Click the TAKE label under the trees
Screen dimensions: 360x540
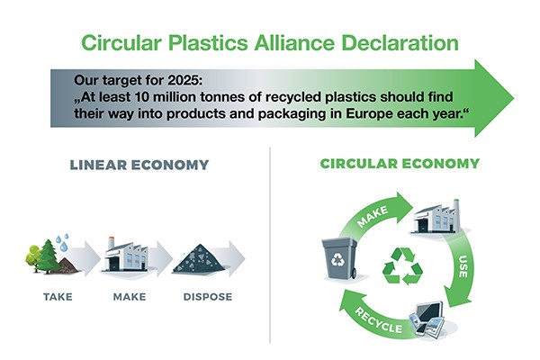tap(58, 296)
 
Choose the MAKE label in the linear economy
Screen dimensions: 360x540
tap(130, 296)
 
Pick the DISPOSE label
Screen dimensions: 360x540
tap(206, 296)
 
